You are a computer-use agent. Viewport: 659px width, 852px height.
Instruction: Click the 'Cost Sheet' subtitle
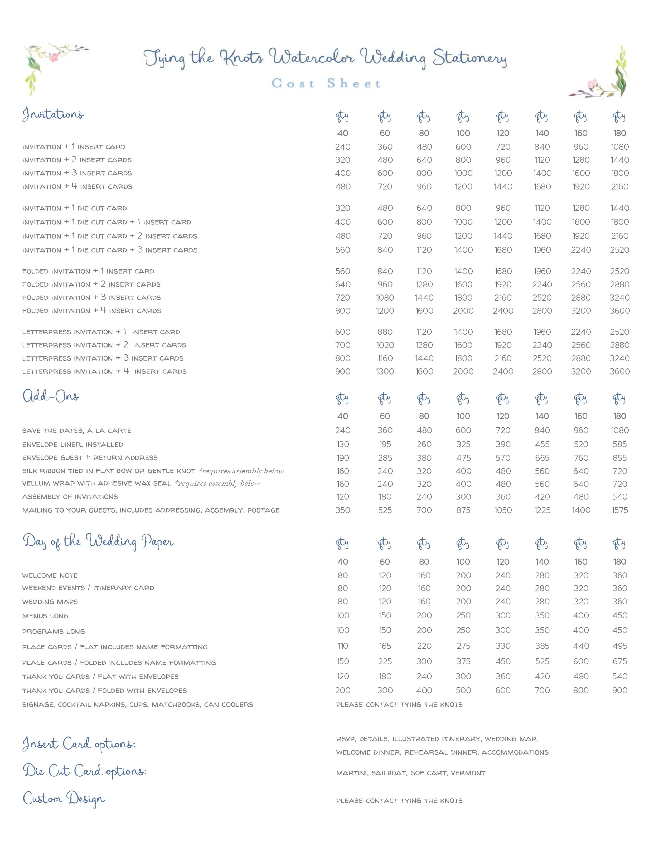pyautogui.click(x=326, y=83)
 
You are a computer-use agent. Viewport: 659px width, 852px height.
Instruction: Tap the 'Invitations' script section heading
pyautogui.click(x=53, y=114)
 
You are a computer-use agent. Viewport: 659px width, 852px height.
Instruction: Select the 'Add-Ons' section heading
pyautogui.click(x=51, y=396)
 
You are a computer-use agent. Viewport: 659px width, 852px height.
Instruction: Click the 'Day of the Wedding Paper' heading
pyautogui.click(x=98, y=541)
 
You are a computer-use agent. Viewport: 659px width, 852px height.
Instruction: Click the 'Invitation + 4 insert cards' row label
pyautogui.click(x=77, y=186)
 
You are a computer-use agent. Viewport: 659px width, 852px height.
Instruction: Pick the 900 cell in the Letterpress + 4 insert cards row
pyautogui.click(x=342, y=371)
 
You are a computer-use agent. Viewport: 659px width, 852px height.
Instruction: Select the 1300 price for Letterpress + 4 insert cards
pyautogui.click(x=385, y=371)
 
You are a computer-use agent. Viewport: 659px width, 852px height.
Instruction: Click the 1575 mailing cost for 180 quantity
pyautogui.click(x=619, y=510)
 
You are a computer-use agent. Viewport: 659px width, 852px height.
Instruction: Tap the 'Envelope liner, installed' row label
pyautogui.click(x=72, y=444)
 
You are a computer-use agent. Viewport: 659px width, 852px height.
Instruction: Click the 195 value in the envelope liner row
pyautogui.click(x=385, y=444)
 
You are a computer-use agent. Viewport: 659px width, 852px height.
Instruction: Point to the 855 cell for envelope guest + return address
pyautogui.click(x=619, y=457)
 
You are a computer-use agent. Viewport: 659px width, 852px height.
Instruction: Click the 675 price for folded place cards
pyautogui.click(x=619, y=662)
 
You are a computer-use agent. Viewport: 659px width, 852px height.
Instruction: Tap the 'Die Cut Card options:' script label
pyautogui.click(x=84, y=771)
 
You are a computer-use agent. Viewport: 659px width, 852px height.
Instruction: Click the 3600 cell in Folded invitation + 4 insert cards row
pyautogui.click(x=619, y=311)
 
